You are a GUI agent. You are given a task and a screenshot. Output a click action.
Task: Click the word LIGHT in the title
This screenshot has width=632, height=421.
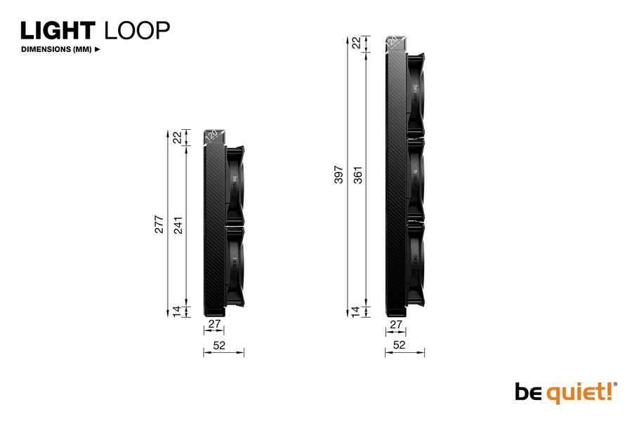click(x=58, y=30)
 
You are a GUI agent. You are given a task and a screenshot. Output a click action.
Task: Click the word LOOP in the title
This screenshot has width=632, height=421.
click(x=137, y=30)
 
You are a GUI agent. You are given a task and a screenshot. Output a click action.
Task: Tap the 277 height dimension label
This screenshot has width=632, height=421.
click(x=159, y=224)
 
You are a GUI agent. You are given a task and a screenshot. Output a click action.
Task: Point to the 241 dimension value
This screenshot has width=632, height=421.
click(x=178, y=224)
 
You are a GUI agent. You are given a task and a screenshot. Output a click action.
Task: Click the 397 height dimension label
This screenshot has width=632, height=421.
click(x=339, y=175)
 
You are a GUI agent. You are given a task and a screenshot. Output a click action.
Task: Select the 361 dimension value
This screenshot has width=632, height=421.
click(x=357, y=175)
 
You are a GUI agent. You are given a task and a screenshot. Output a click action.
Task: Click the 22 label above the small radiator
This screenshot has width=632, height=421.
click(x=178, y=138)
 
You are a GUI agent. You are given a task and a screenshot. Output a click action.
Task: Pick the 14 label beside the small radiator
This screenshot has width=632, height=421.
click(x=178, y=311)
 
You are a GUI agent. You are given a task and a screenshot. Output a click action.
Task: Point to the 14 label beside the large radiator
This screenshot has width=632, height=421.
click(x=357, y=311)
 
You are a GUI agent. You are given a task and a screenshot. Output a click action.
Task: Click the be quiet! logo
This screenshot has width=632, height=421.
click(x=566, y=392)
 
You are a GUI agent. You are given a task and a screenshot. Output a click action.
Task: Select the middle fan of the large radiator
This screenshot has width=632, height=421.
click(x=416, y=179)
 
